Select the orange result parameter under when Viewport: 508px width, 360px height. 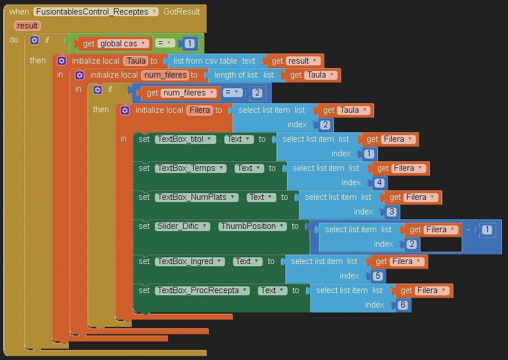click(x=27, y=26)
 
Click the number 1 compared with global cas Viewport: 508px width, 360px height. click(x=189, y=44)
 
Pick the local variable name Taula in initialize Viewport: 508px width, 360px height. click(x=136, y=61)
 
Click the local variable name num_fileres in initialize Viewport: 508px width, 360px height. click(x=165, y=75)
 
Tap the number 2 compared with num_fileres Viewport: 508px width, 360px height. click(x=257, y=93)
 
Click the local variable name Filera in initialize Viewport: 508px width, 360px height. click(x=199, y=111)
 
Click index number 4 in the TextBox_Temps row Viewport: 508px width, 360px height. click(x=379, y=183)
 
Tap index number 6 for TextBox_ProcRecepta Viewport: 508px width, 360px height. click(x=402, y=305)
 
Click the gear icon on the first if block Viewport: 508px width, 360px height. click(x=35, y=41)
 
